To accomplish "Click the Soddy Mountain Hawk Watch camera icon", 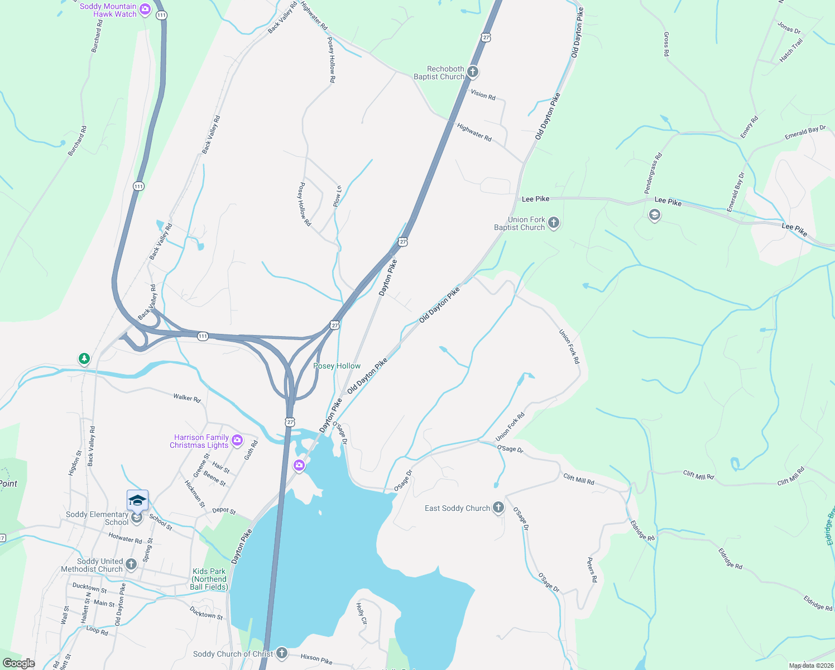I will [x=145, y=9].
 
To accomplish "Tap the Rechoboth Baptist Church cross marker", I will [x=473, y=71].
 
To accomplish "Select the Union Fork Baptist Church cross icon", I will [x=553, y=223].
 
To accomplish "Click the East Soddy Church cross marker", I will [x=498, y=508].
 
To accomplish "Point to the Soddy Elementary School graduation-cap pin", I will [x=137, y=501].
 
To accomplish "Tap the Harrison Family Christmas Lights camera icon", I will [x=237, y=441].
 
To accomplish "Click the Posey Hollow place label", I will [x=337, y=366].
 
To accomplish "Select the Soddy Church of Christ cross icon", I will [x=282, y=653].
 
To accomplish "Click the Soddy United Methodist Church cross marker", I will [x=131, y=564].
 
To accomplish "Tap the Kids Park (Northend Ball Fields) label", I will [x=209, y=579].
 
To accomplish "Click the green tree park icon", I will [x=84, y=358].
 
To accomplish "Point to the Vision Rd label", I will [x=483, y=94].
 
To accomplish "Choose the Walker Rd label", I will [x=186, y=398].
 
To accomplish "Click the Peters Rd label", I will [x=592, y=570].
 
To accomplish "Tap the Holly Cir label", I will [x=362, y=614].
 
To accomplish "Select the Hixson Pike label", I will [x=316, y=659].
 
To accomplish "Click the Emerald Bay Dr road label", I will [x=736, y=192].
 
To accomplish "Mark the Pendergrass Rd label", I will [x=653, y=173].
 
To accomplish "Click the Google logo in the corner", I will [x=18, y=663].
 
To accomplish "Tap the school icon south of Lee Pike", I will [x=654, y=215].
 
